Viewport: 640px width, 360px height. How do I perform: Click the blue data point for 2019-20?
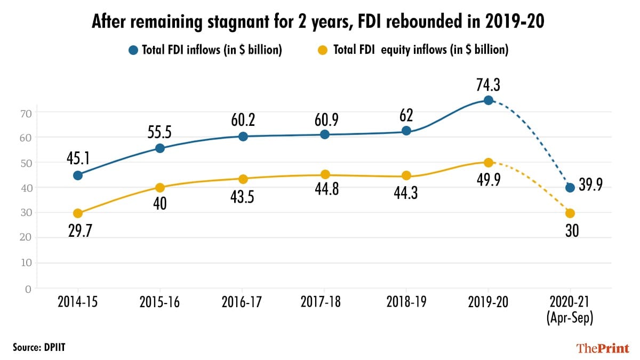(488, 100)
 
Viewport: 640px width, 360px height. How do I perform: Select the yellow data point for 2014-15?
(78, 213)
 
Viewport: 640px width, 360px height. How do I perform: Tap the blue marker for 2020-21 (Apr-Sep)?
(570, 187)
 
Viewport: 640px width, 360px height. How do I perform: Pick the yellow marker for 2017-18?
(325, 174)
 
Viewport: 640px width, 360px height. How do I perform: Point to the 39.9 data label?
(594, 188)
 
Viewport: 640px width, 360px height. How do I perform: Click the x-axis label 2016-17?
(243, 301)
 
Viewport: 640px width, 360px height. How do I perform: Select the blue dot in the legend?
(133, 50)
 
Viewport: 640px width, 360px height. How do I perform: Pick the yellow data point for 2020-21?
(570, 213)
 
